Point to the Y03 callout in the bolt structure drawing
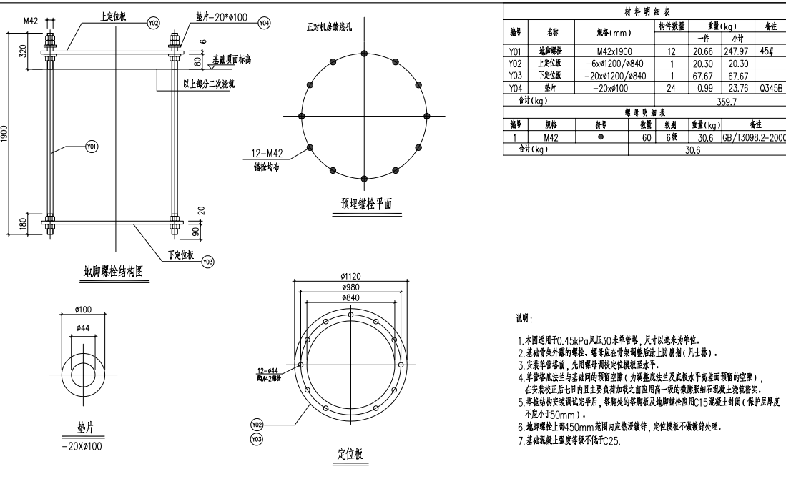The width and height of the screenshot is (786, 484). click(208, 262)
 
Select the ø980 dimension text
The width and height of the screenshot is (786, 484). click(351, 286)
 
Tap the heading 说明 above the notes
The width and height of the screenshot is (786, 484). click(524, 317)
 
